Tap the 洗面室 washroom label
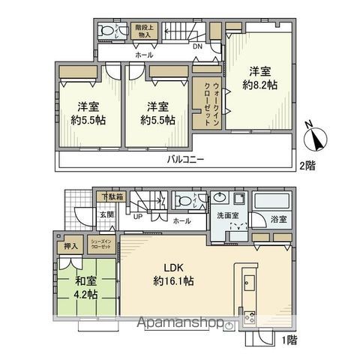227,215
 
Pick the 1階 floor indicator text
289,339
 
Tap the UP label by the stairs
138,217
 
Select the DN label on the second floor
196,46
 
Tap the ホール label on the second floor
144,55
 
